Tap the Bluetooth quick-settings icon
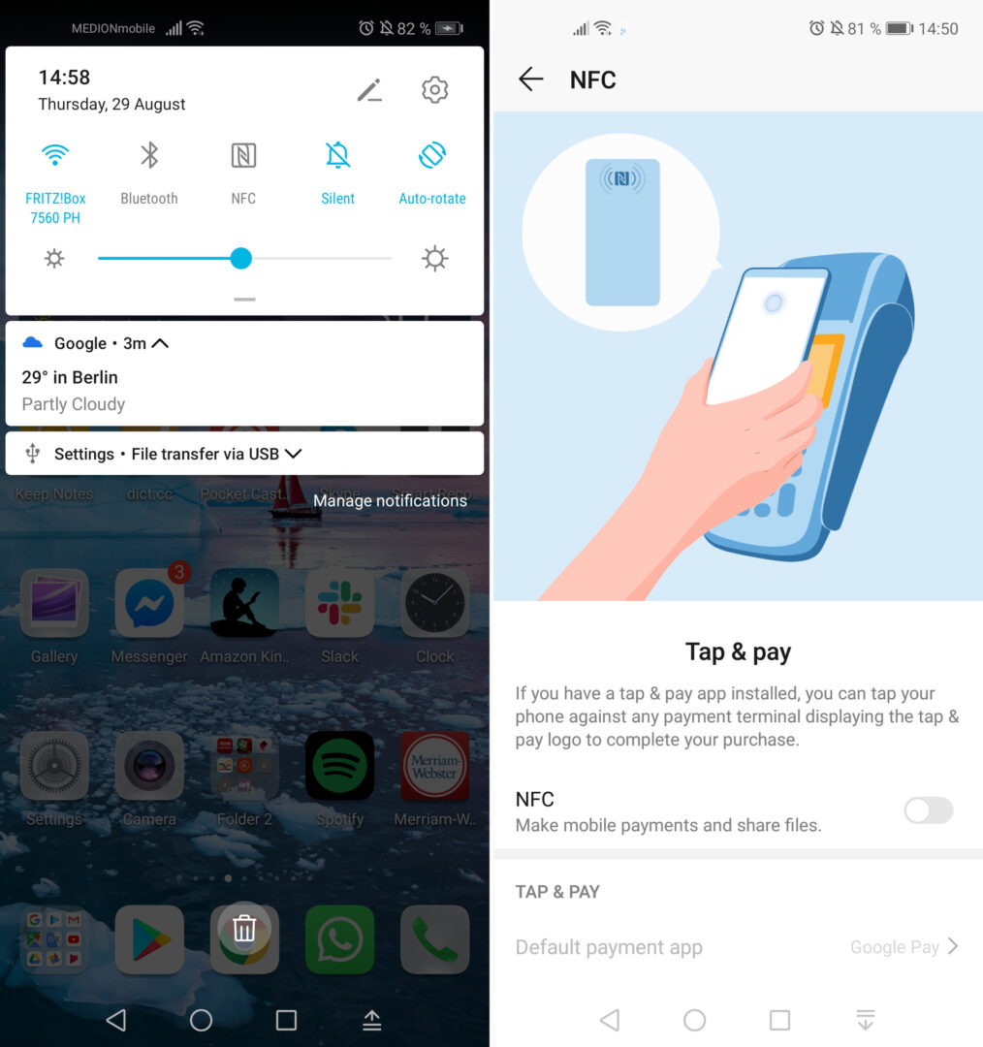[x=149, y=155]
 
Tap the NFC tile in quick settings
[x=243, y=155]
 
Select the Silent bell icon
[x=337, y=155]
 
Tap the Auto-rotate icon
[x=431, y=155]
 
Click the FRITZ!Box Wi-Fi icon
[x=55, y=155]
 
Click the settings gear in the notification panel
[x=434, y=90]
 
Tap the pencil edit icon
[x=369, y=90]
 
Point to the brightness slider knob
[x=240, y=258]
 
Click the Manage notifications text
[x=390, y=500]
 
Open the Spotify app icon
[x=339, y=766]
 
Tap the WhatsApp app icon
[x=339, y=939]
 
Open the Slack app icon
[x=339, y=603]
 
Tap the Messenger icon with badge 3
[x=149, y=603]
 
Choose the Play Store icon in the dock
[x=149, y=939]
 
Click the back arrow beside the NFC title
[x=530, y=79]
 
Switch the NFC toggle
[x=928, y=810]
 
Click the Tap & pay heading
[x=738, y=652]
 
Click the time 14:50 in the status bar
[x=937, y=29]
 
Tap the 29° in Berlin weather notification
[x=70, y=377]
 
